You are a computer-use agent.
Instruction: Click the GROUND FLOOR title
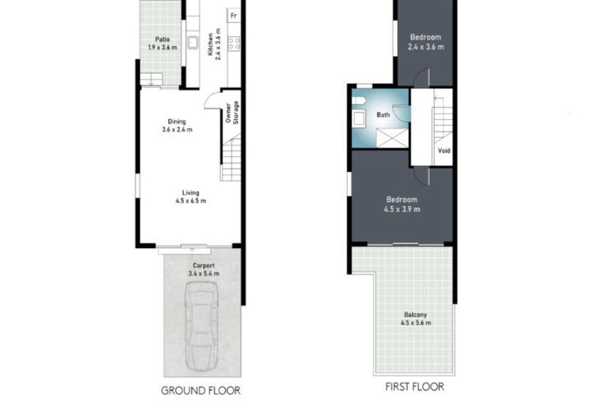pos(200,390)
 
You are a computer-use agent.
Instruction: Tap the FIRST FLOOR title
pos(415,387)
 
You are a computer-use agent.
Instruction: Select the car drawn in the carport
pos(201,326)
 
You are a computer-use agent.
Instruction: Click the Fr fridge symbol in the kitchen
pos(234,16)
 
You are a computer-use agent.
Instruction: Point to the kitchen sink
pos(192,43)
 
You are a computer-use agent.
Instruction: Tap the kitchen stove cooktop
pos(234,44)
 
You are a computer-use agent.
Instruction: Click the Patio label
pos(163,39)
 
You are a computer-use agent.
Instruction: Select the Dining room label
pos(177,122)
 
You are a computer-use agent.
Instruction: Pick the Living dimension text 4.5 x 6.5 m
pos(191,201)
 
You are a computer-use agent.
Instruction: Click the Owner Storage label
pos(232,113)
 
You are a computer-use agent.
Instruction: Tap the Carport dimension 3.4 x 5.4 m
pos(204,274)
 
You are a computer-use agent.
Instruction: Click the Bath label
pos(383,115)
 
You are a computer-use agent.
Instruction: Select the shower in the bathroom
pos(393,138)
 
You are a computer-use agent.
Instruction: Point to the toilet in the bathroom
pos(358,100)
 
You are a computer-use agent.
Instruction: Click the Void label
pos(444,150)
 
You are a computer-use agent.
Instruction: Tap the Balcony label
pos(416,315)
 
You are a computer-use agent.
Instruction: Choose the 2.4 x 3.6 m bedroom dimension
pos(425,47)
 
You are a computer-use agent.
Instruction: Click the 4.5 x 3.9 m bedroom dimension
pos(402,210)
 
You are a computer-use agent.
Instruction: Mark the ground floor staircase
pos(231,157)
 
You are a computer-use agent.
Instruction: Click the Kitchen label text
pos(210,44)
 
